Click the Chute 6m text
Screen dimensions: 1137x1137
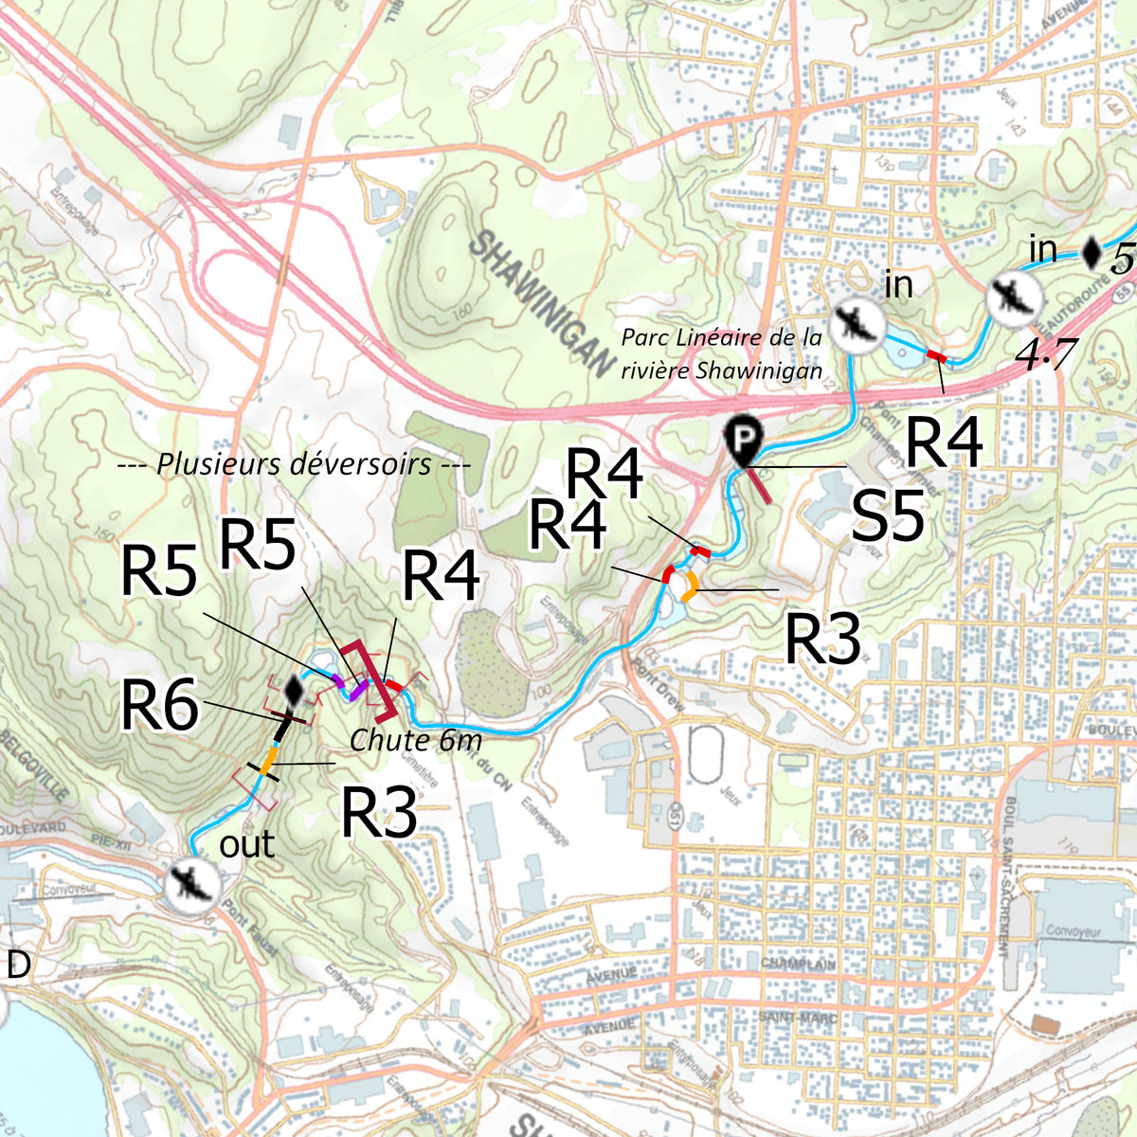click(x=416, y=740)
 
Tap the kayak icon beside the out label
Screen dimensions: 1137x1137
click(x=192, y=884)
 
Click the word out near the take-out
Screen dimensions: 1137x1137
click(x=246, y=844)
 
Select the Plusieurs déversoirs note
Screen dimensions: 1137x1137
click(x=293, y=464)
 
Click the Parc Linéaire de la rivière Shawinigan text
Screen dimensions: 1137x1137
click(x=721, y=353)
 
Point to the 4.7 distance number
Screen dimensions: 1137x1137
click(x=1045, y=353)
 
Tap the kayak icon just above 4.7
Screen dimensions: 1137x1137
click(x=1014, y=298)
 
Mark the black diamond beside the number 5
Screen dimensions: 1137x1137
click(x=1092, y=252)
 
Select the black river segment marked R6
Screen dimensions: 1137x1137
click(x=280, y=729)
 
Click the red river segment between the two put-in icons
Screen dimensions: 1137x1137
click(x=936, y=355)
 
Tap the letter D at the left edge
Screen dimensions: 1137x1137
click(x=18, y=965)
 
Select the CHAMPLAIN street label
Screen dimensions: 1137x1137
click(x=797, y=964)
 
